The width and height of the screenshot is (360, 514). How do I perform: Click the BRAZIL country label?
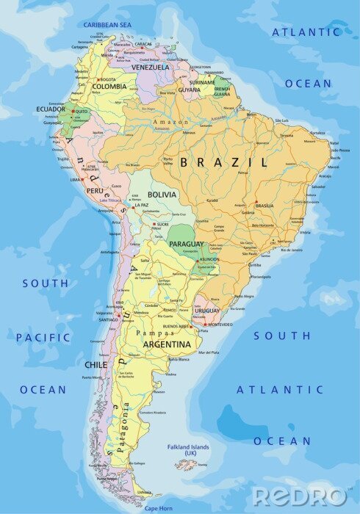click(x=224, y=162)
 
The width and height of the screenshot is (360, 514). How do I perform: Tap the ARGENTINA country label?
click(x=168, y=344)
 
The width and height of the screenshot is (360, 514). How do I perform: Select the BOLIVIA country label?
click(x=162, y=195)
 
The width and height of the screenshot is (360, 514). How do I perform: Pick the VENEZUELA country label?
click(x=150, y=67)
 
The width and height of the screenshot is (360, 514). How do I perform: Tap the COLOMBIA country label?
click(x=109, y=86)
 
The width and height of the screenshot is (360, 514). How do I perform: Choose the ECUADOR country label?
click(x=51, y=109)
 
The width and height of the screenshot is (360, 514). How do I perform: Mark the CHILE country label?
click(x=96, y=364)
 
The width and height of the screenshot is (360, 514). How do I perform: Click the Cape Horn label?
click(x=158, y=508)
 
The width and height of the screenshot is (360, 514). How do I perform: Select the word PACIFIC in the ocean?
click(x=43, y=338)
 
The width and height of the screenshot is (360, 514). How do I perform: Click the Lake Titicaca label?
click(x=109, y=200)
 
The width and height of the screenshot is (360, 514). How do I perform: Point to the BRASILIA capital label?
click(x=264, y=206)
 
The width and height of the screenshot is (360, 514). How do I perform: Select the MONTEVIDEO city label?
click(x=220, y=325)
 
